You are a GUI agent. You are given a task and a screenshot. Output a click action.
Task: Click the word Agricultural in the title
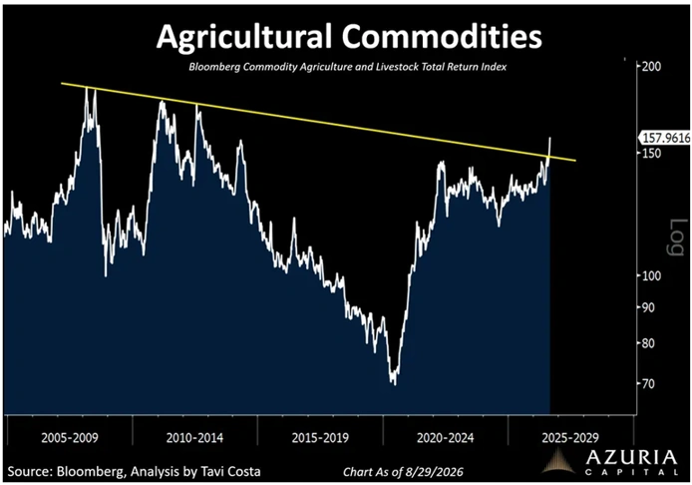click(x=244, y=37)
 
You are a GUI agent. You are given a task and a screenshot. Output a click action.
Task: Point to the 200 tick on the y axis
click(x=651, y=66)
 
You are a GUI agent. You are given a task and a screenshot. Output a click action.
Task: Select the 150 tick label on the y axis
click(x=651, y=154)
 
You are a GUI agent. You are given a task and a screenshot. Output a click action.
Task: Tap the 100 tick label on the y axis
click(x=651, y=275)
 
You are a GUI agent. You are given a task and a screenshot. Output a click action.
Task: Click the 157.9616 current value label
click(x=666, y=138)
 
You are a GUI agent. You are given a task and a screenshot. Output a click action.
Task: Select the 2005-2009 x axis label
click(x=70, y=438)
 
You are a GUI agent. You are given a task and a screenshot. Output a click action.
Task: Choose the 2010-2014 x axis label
click(x=194, y=438)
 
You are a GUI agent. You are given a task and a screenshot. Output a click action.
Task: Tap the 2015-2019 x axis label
click(x=320, y=438)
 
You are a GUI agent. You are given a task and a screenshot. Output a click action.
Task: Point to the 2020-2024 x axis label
click(x=446, y=438)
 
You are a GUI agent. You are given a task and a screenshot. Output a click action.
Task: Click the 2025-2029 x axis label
click(x=570, y=438)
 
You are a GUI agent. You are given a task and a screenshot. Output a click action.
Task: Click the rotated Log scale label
click(x=675, y=237)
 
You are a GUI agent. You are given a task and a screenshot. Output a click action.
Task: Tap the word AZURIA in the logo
click(x=631, y=458)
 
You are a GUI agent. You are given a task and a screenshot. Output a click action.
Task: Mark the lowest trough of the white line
click(x=394, y=384)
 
